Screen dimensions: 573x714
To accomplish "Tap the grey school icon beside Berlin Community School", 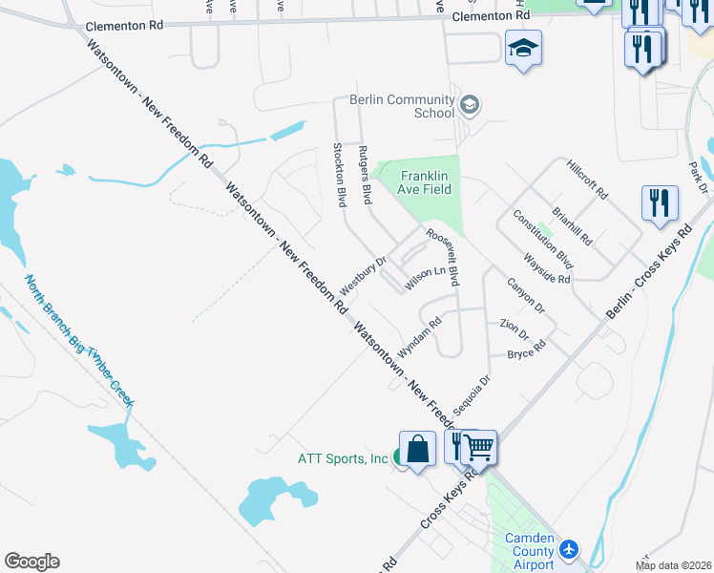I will (x=469, y=104).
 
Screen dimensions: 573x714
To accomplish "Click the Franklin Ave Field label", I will (x=425, y=181).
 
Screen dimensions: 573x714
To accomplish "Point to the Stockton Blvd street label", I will (x=339, y=176).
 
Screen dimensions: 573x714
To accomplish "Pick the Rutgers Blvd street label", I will (x=365, y=176).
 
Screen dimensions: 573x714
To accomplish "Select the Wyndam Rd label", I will (x=419, y=337).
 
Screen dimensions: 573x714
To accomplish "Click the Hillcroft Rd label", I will (x=586, y=179).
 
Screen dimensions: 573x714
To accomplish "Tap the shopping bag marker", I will (x=417, y=448).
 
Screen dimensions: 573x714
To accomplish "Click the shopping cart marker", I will (x=479, y=447).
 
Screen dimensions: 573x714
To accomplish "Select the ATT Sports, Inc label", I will (x=341, y=459).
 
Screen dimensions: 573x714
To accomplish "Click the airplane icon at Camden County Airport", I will (x=570, y=549).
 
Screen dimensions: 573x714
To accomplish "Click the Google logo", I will (x=31, y=562).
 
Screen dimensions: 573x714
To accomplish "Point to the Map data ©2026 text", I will (x=674, y=565).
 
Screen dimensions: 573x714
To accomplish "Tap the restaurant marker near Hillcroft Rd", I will (x=660, y=203).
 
